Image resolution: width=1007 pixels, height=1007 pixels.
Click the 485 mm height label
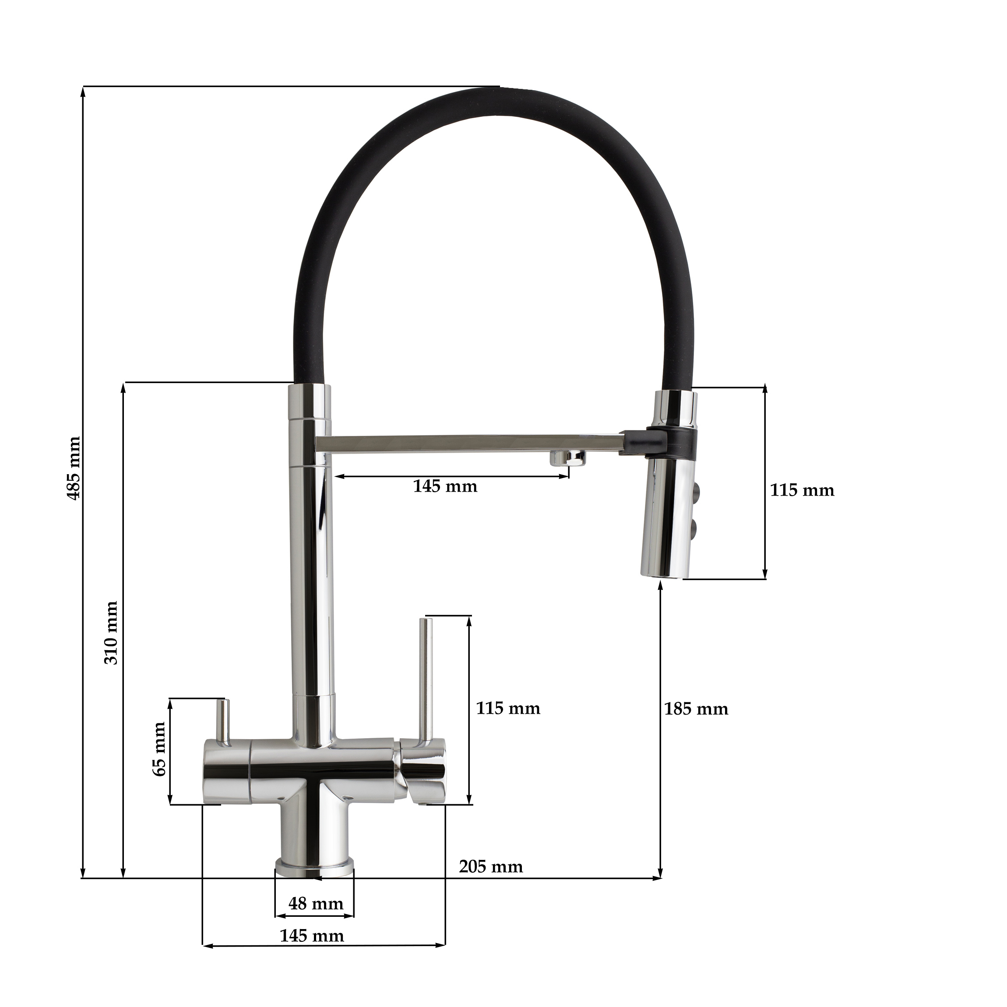(74, 468)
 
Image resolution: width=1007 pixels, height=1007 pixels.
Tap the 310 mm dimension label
(111, 633)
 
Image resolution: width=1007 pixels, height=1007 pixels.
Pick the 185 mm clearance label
(696, 709)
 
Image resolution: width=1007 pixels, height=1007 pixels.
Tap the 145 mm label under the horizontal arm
(445, 486)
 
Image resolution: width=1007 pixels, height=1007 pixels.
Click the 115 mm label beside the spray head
(802, 490)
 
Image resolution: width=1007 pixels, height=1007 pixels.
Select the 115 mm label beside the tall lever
(508, 708)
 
